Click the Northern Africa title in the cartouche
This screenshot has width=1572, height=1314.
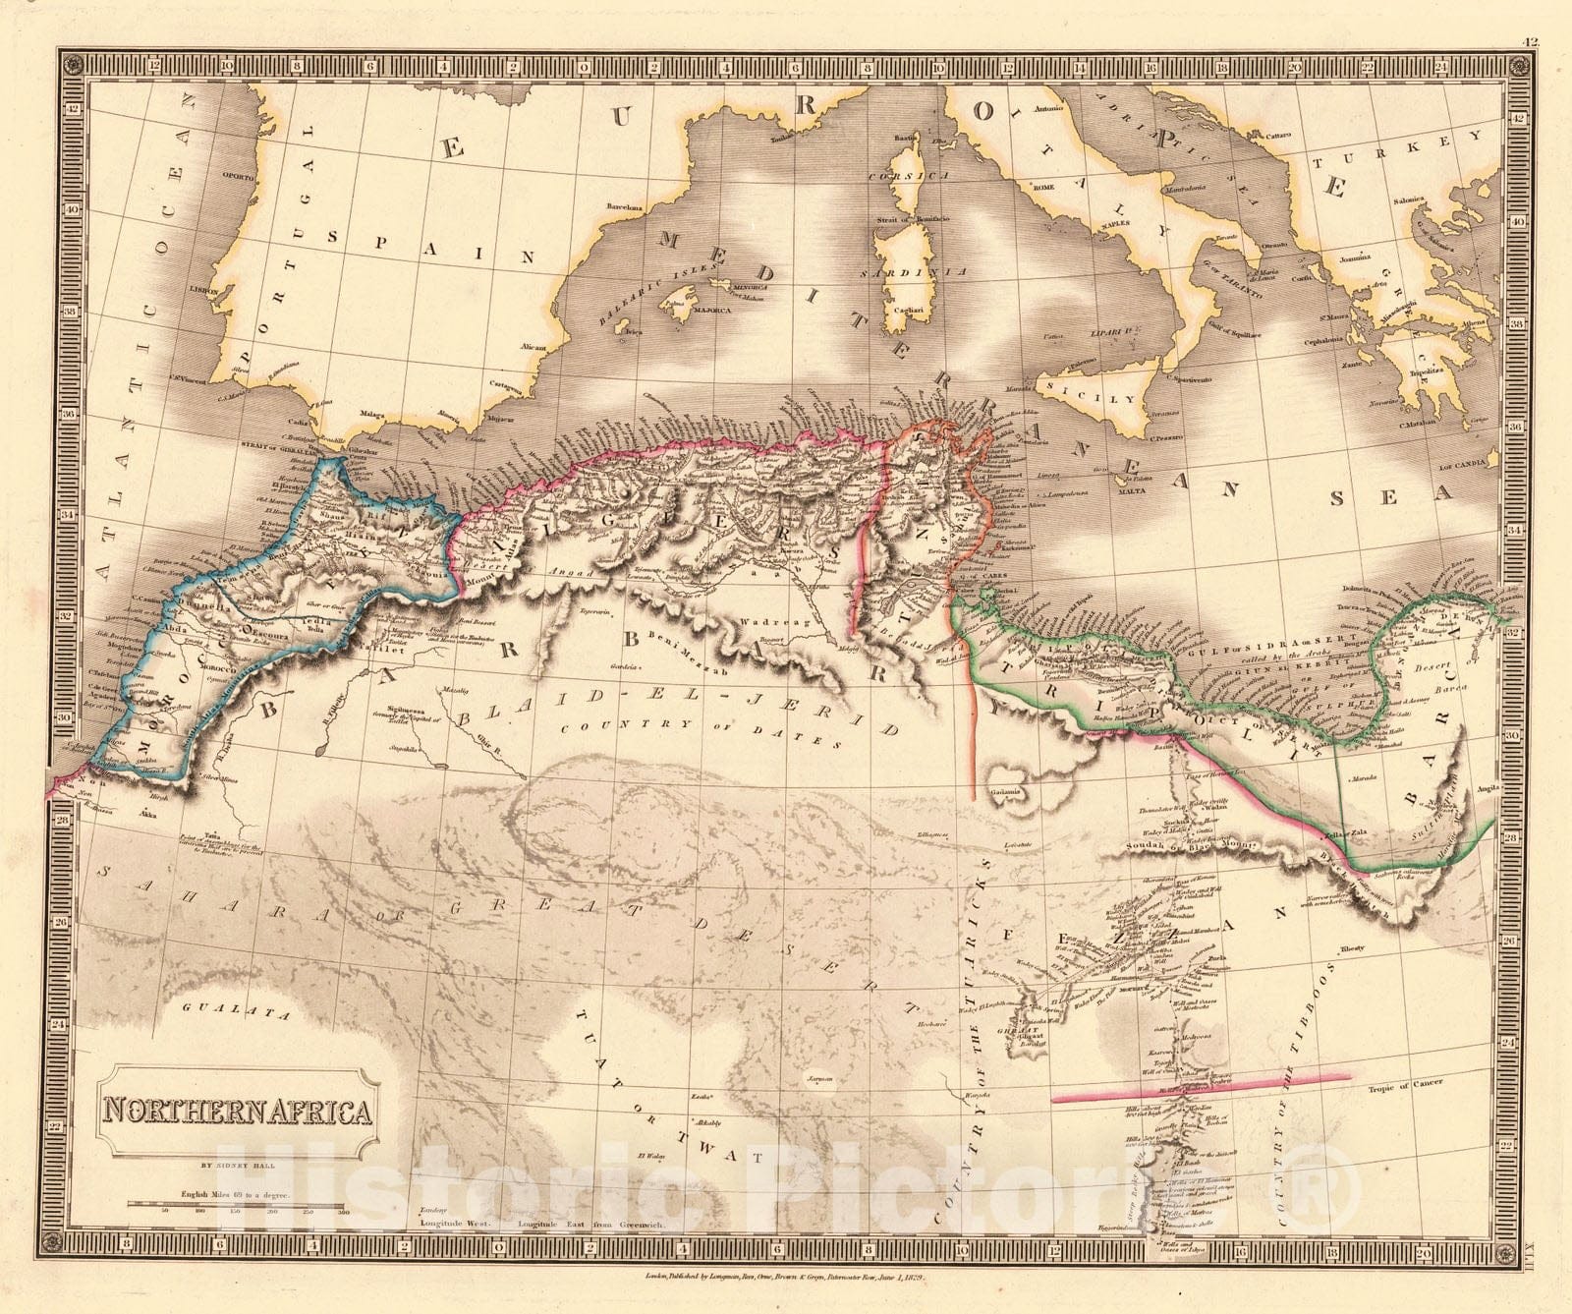tap(238, 1112)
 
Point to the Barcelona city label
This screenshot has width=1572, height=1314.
tap(625, 207)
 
